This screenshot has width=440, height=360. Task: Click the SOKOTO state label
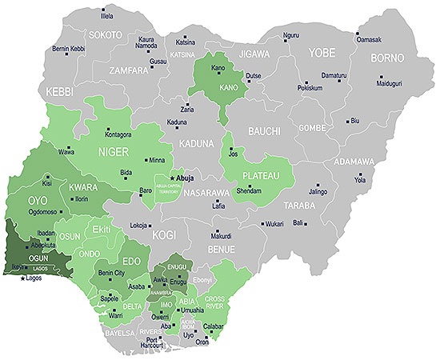tap(106, 35)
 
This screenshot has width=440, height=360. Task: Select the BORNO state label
tap(387, 58)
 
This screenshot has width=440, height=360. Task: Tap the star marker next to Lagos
tap(23, 278)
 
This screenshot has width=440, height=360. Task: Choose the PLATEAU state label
tap(261, 175)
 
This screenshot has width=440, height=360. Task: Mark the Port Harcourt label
tap(168, 342)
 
